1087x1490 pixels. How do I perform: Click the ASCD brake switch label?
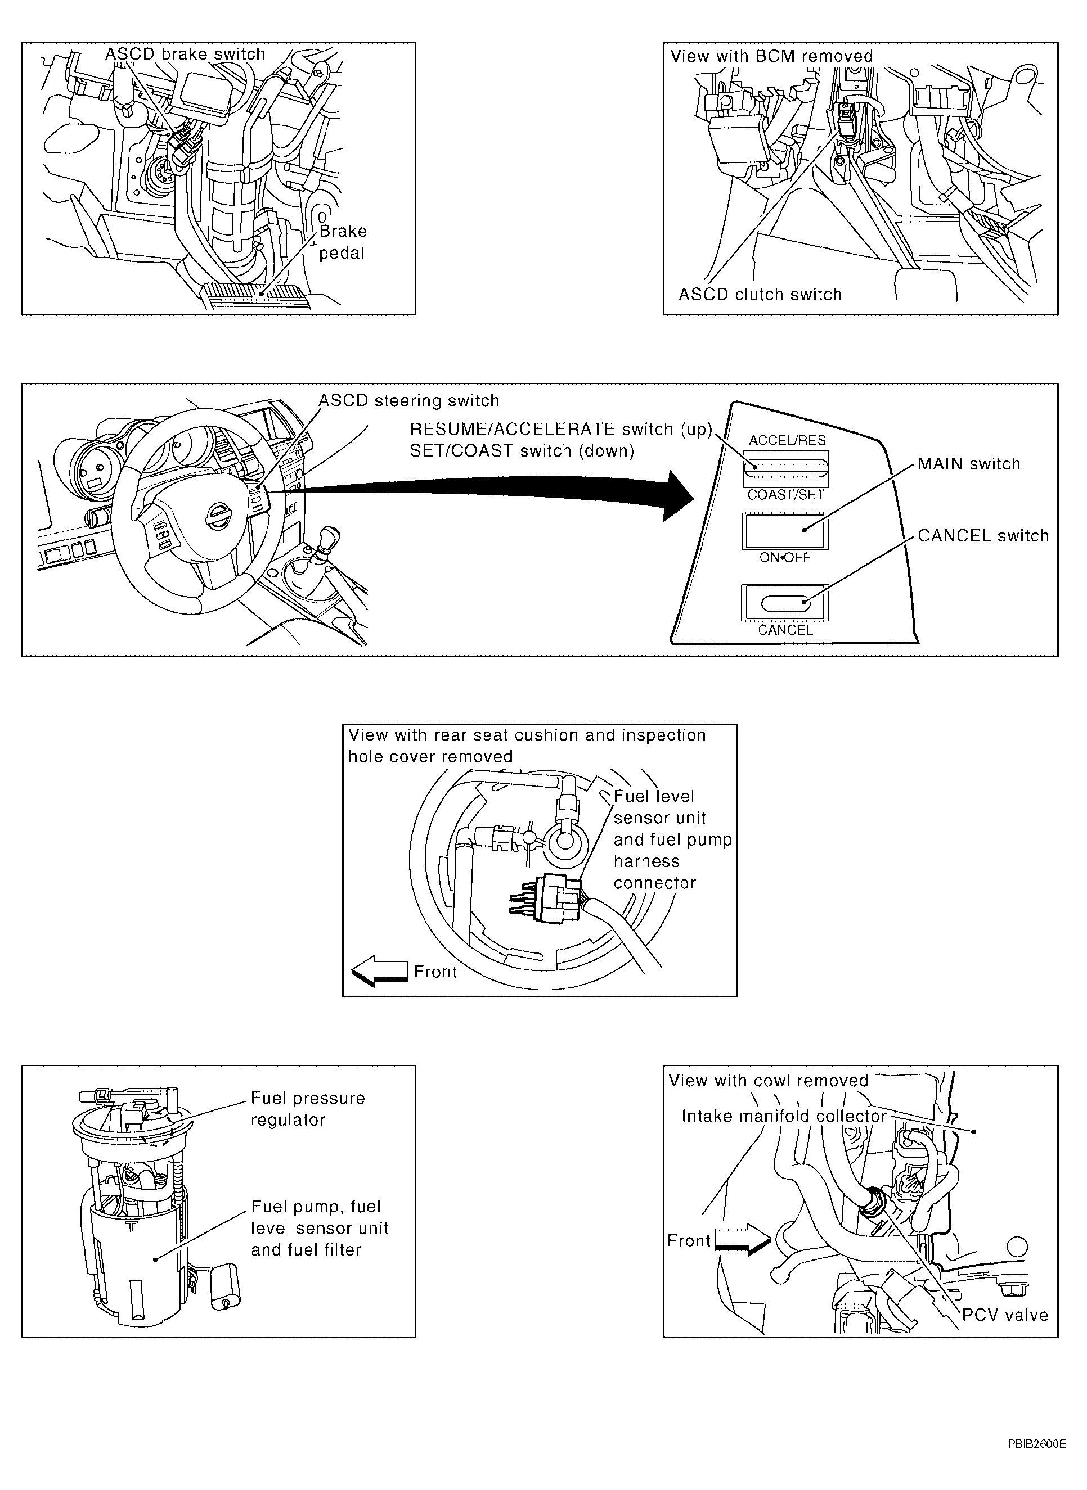(x=186, y=54)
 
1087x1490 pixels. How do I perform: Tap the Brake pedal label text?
(x=343, y=242)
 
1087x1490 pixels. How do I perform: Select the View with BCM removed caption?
(x=771, y=56)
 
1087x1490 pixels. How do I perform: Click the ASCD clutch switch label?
(x=760, y=295)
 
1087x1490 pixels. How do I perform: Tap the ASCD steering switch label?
(x=409, y=400)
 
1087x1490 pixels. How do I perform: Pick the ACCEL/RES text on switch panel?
(x=787, y=440)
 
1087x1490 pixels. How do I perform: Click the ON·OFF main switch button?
(x=785, y=531)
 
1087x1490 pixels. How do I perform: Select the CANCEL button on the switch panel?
(x=785, y=602)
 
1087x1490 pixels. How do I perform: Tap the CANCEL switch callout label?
(x=983, y=535)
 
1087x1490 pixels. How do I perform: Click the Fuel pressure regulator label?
(x=308, y=1109)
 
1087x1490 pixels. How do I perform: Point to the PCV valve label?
(x=1005, y=1315)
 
